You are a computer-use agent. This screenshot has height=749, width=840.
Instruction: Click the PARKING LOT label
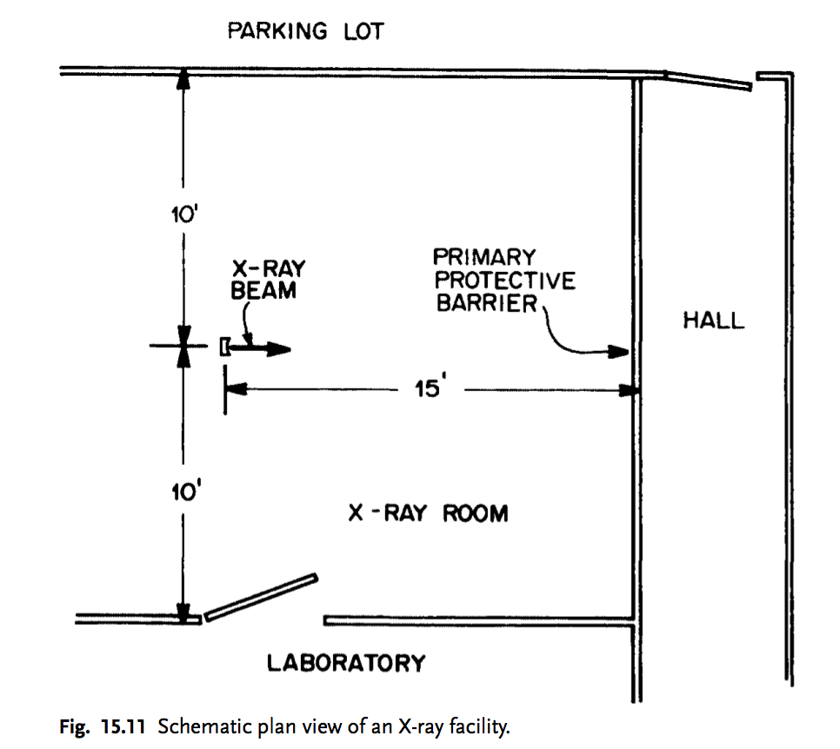(x=306, y=31)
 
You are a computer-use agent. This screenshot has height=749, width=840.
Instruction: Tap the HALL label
(x=714, y=321)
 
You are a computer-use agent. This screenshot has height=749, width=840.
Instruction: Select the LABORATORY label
(x=346, y=663)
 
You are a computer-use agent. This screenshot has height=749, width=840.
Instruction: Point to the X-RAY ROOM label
(x=428, y=514)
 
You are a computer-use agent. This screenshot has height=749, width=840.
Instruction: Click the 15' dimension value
(x=430, y=387)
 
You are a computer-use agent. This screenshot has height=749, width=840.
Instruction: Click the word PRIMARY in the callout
(x=484, y=257)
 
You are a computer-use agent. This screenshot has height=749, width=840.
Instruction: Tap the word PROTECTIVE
(x=504, y=281)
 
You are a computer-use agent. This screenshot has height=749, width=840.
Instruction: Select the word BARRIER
(x=486, y=303)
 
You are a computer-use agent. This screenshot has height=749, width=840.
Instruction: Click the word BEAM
(x=263, y=291)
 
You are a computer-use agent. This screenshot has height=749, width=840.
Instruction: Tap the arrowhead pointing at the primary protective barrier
(x=618, y=352)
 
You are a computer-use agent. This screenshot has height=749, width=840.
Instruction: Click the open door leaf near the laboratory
(x=262, y=598)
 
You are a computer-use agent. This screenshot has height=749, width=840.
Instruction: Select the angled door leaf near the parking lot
(x=708, y=81)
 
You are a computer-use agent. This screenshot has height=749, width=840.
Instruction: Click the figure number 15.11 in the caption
(x=123, y=727)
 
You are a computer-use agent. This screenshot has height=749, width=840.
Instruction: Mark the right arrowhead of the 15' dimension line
(x=629, y=391)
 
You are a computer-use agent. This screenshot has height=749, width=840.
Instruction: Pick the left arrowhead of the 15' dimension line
(x=237, y=389)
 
